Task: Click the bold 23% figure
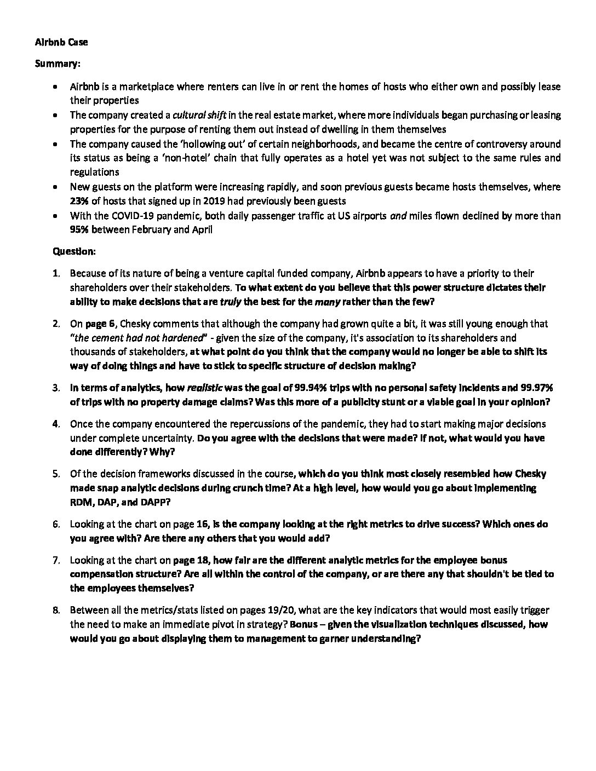[x=79, y=201]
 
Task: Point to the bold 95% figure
[x=79, y=230]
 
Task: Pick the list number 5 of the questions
[x=56, y=474]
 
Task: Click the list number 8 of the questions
[x=56, y=610]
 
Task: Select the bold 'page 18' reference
[x=191, y=560]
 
